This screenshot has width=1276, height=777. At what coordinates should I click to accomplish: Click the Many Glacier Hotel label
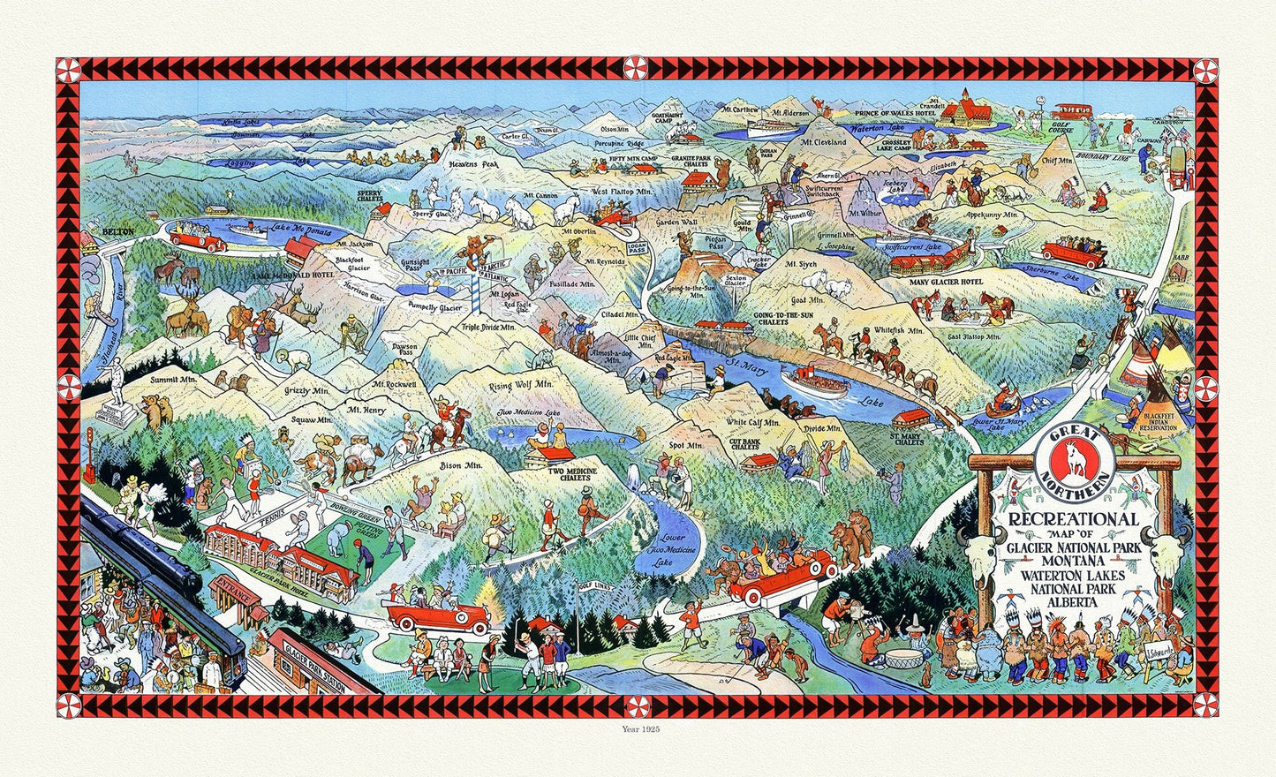click(x=946, y=282)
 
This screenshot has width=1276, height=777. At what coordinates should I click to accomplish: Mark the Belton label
click(x=117, y=231)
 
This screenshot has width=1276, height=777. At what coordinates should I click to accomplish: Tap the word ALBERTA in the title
click(x=1074, y=601)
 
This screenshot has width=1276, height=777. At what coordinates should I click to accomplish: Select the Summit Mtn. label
click(x=173, y=379)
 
